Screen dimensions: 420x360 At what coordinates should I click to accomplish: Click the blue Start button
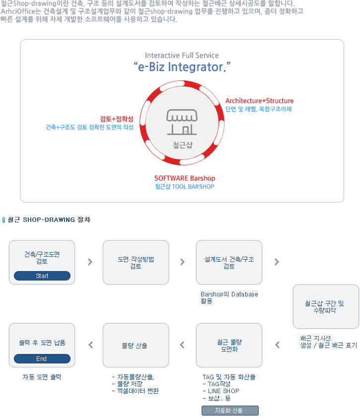(42, 276)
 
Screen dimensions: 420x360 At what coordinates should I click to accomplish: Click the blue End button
(42, 358)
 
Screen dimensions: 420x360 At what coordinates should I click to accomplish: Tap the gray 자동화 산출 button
(230, 411)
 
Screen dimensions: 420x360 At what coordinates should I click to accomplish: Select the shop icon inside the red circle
(182, 123)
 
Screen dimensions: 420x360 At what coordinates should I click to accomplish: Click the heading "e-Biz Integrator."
(182, 67)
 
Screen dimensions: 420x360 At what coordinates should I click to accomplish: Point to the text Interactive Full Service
(182, 55)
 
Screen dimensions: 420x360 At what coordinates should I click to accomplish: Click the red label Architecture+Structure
(259, 101)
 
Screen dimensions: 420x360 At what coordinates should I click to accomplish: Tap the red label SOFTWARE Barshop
(185, 178)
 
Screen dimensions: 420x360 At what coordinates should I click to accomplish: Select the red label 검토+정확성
(117, 119)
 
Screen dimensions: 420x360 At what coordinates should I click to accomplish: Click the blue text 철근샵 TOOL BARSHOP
(185, 187)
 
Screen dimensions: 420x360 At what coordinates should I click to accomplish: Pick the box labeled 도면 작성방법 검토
(136, 262)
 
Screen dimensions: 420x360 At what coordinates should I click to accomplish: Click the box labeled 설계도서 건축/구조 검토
(229, 262)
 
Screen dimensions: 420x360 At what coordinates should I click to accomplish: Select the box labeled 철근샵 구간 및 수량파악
(326, 306)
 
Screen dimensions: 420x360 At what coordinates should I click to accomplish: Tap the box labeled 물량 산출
(136, 345)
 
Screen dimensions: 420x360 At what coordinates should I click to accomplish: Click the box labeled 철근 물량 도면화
(229, 345)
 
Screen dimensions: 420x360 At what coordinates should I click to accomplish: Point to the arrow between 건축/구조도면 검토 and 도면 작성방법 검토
(90, 262)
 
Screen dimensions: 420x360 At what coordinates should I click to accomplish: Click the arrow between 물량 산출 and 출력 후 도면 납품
(90, 345)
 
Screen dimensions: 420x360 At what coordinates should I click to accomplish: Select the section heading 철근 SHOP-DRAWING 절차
(49, 219)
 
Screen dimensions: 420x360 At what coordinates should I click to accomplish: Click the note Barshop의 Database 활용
(229, 297)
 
